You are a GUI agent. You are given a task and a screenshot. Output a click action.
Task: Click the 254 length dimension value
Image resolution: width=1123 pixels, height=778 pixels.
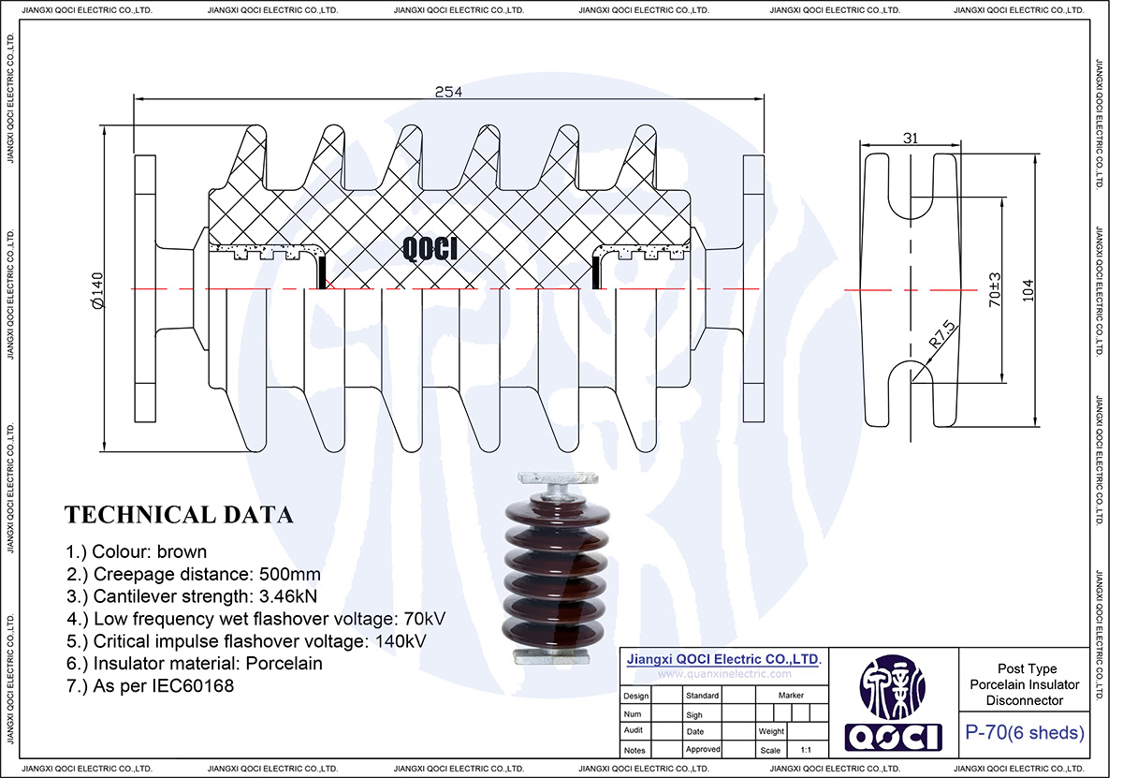click(448, 91)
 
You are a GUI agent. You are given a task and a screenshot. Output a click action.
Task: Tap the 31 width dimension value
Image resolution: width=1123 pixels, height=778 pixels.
click(910, 138)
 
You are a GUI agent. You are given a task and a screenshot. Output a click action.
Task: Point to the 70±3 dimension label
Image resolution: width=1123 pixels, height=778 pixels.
click(995, 290)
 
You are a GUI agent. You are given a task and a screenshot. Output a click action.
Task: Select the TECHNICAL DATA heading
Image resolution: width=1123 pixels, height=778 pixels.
click(179, 515)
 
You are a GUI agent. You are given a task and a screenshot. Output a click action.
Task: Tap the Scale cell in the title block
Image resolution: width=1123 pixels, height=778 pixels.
click(771, 750)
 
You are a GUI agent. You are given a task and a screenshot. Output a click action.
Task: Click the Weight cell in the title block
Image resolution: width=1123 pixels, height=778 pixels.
click(771, 731)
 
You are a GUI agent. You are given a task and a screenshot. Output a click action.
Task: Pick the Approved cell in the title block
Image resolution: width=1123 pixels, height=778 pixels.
click(703, 750)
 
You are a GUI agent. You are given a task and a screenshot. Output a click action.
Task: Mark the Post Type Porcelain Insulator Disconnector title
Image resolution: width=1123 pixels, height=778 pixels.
click(1026, 684)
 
